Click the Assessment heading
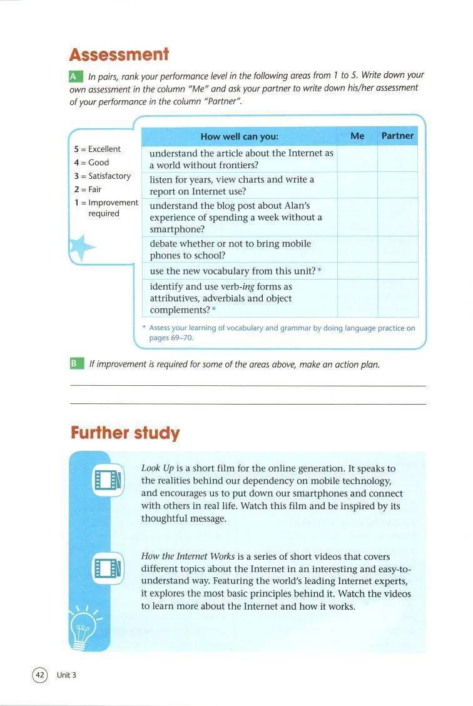coord(119,54)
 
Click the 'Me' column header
coord(357,136)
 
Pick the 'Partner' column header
coord(397,136)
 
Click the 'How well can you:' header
coord(239,136)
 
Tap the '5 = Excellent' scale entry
coord(97,149)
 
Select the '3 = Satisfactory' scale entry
coord(102,176)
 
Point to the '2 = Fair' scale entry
coord(88,189)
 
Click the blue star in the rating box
coord(81,247)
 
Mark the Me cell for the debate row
coord(357,249)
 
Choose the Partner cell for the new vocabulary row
coord(397,271)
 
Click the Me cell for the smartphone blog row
coord(357,217)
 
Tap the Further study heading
coord(125,433)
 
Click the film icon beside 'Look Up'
coord(107,480)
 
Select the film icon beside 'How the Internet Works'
coord(107,568)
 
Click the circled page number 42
coord(40,675)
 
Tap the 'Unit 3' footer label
coord(66,675)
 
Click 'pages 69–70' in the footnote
coord(171,338)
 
